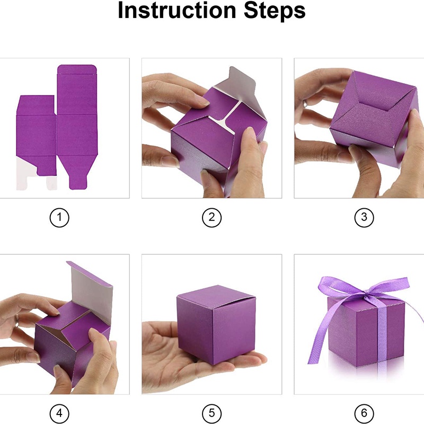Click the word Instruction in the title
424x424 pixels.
[x=177, y=10]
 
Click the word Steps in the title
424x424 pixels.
[x=275, y=10]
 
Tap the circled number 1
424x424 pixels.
[x=59, y=217]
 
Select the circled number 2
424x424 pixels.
[x=211, y=217]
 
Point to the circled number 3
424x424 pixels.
[x=364, y=217]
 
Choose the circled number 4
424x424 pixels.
[x=59, y=413]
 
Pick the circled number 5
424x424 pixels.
[x=211, y=413]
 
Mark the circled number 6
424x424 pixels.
[x=364, y=413]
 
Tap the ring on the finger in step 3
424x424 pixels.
[x=305, y=103]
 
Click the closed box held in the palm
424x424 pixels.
[x=216, y=324]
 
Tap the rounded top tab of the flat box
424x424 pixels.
[x=77, y=69]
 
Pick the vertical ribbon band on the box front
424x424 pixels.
[x=382, y=338]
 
